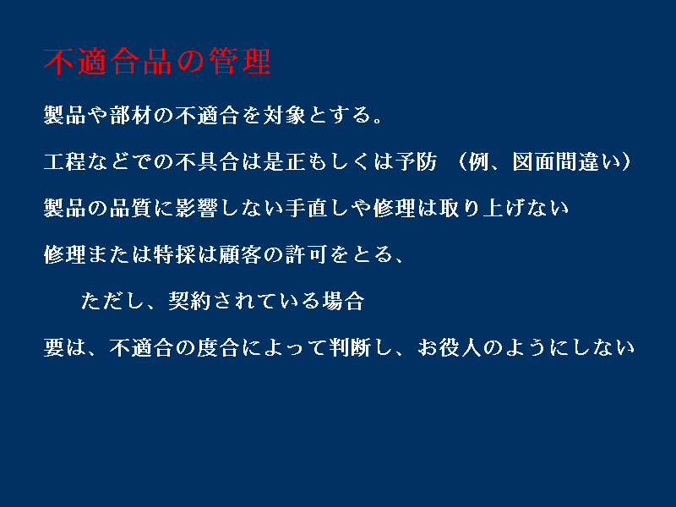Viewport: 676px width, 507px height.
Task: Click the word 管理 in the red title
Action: [x=240, y=62]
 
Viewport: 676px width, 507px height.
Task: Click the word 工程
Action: [x=65, y=161]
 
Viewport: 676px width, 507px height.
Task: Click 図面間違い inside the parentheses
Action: [x=566, y=161]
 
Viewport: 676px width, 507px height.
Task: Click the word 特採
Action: [x=175, y=255]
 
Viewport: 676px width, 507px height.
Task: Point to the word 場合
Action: [x=344, y=302]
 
